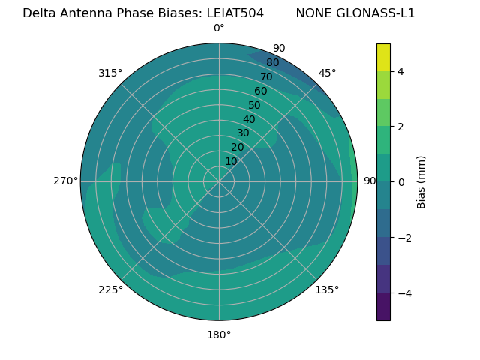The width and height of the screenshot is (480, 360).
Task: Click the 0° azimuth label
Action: (x=219, y=28)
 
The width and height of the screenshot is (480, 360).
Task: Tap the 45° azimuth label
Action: (x=328, y=73)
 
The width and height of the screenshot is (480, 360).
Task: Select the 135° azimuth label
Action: (x=327, y=289)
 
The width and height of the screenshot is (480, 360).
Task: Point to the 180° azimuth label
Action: (x=219, y=334)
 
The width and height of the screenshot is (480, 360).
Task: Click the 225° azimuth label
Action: (x=110, y=289)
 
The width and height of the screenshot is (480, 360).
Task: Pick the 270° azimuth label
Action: (x=65, y=181)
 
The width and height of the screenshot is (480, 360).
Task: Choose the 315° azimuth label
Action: (x=110, y=73)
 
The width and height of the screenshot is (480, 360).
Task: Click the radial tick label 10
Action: (x=231, y=161)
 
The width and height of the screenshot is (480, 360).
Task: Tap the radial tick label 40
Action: (x=249, y=119)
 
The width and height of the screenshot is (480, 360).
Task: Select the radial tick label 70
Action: (x=266, y=76)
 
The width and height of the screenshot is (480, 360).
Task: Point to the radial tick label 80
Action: (x=272, y=62)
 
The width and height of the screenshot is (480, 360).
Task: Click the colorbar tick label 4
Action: (x=400, y=71)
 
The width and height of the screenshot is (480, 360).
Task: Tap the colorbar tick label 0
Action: (x=400, y=182)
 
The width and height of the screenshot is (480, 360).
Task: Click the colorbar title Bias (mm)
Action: (x=421, y=181)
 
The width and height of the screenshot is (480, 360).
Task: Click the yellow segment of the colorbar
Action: (x=383, y=57)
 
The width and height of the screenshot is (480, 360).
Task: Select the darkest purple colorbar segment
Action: (x=383, y=307)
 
